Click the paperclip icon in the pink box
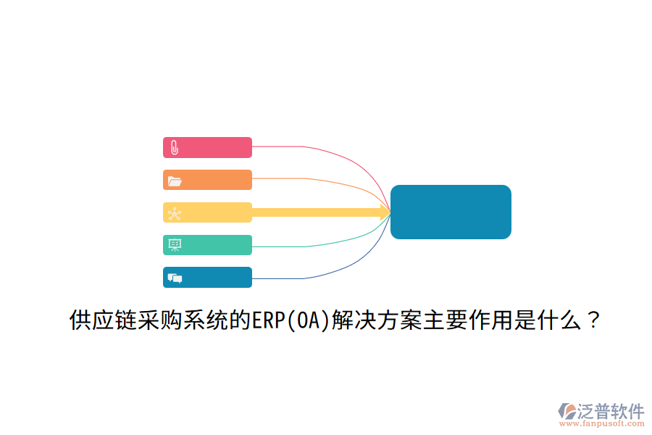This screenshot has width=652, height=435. (175, 148)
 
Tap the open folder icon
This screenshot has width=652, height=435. (175, 181)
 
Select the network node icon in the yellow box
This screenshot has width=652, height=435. (174, 214)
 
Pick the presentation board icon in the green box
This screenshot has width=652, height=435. (175, 245)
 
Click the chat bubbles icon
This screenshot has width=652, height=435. (175, 278)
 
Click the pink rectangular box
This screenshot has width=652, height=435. (207, 147)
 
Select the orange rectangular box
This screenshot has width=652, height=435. (207, 180)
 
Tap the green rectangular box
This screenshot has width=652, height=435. (207, 245)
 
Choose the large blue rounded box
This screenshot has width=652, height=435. (451, 212)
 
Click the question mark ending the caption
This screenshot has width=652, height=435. (593, 320)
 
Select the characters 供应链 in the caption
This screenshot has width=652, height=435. (103, 320)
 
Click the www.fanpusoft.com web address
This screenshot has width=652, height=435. (602, 423)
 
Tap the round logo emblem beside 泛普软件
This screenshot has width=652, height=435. (567, 411)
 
